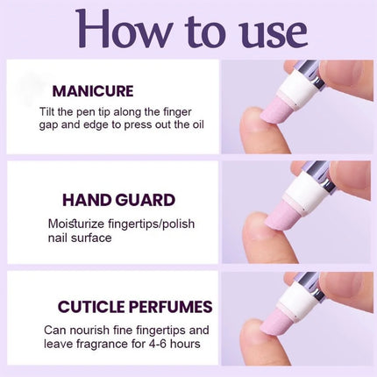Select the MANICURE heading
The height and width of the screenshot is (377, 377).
[93, 90]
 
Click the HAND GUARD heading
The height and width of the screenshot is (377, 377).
[118, 200]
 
